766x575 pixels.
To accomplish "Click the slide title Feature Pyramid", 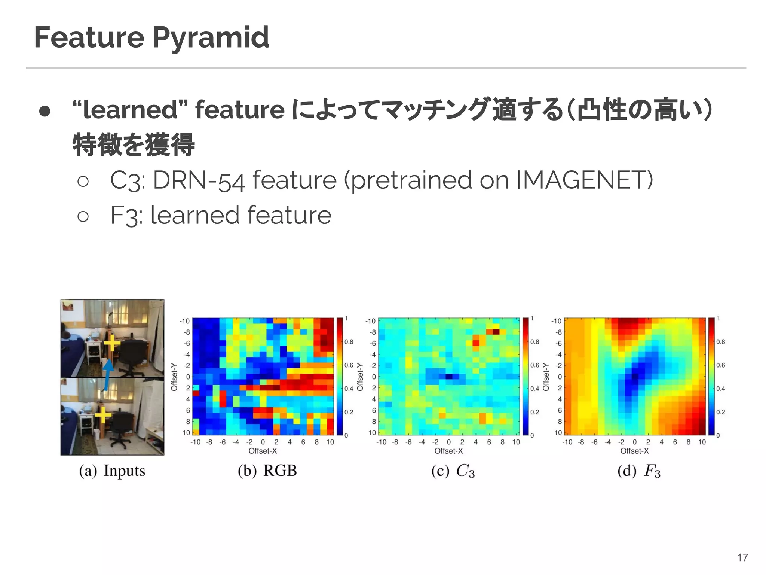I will tap(151, 37).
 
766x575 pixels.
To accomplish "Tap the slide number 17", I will tap(742, 558).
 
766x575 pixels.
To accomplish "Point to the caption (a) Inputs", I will tap(112, 471).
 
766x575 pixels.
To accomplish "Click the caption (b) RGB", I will tap(267, 471).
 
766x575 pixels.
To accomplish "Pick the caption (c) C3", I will tap(453, 471).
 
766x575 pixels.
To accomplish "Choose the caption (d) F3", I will tap(639, 471).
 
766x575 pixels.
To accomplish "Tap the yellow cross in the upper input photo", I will tap(112, 343).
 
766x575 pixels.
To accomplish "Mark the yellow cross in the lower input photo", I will tap(103, 415).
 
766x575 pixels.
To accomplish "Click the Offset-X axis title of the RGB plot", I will tap(263, 451).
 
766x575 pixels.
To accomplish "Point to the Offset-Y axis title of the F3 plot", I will tap(546, 377).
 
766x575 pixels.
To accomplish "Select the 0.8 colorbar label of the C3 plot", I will tap(535, 342).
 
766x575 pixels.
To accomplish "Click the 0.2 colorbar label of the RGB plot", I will tap(349, 412).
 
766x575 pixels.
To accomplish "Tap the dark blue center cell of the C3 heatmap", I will tap(449, 377).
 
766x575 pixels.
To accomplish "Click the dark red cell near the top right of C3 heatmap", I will tap(496, 332).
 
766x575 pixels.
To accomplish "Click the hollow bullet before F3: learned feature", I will tap(83, 216).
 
